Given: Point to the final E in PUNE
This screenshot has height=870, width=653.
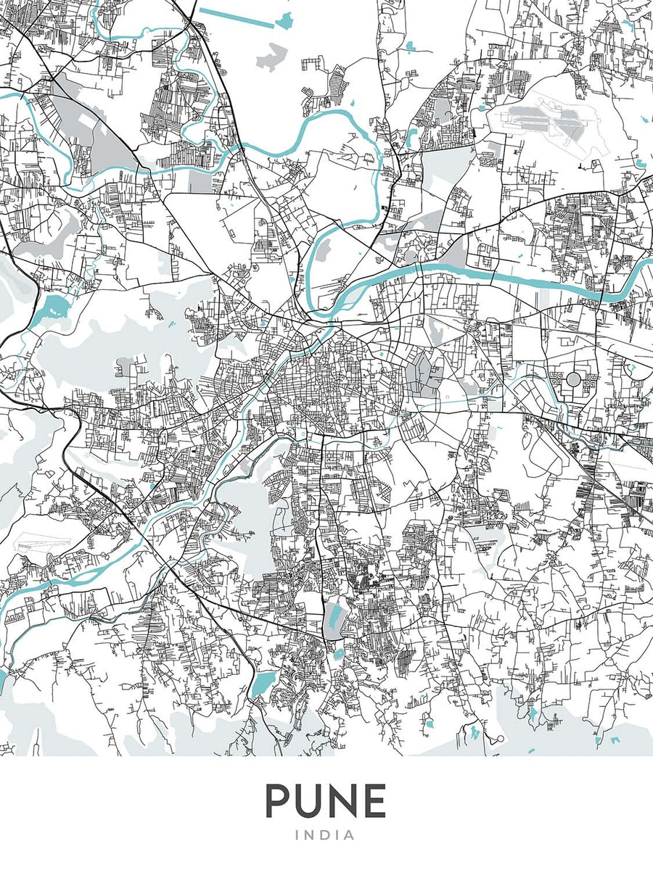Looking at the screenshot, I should tap(374, 801).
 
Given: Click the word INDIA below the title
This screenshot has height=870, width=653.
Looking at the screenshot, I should tap(326, 835).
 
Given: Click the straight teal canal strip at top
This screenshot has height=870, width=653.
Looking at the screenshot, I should tap(236, 18).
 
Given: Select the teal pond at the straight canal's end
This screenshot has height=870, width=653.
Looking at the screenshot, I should tap(285, 21).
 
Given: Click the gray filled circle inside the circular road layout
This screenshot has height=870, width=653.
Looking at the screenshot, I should tap(573, 378).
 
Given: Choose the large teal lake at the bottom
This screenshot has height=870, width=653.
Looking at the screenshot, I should tap(263, 683).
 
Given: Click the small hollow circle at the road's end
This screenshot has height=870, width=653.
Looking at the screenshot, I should tap(500, 739).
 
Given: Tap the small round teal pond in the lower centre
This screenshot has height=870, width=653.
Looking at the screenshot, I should tap(337, 655).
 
